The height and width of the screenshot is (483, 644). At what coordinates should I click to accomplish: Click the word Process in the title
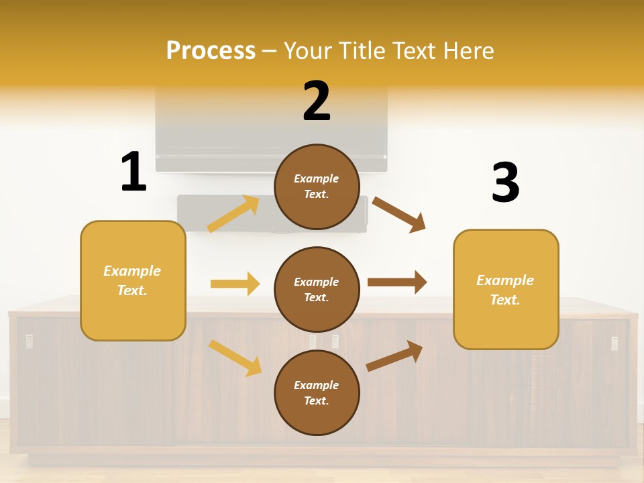(211, 51)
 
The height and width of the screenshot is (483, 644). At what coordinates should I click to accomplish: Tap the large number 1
(133, 172)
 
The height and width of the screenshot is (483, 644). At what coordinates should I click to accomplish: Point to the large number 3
(506, 182)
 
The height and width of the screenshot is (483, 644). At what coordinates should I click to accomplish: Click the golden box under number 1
(133, 280)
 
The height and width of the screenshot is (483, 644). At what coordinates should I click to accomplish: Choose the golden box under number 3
(506, 289)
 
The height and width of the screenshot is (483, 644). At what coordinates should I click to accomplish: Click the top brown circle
(317, 186)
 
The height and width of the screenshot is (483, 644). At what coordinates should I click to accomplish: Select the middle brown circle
(317, 289)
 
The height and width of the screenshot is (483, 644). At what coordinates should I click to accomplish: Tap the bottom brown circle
(317, 392)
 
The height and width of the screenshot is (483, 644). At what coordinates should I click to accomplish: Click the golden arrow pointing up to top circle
(233, 214)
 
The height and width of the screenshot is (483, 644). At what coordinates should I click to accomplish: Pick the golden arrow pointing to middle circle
(235, 284)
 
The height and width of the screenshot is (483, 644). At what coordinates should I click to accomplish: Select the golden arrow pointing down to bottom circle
(235, 358)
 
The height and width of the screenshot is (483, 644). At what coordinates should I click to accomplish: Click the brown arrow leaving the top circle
(399, 215)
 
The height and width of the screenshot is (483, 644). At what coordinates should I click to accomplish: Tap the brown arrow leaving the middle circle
(397, 282)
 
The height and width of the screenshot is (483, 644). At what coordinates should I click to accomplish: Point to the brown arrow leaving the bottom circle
(394, 356)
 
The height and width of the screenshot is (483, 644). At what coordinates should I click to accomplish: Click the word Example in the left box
(132, 271)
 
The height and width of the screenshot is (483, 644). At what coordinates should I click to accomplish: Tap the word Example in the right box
(505, 280)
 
